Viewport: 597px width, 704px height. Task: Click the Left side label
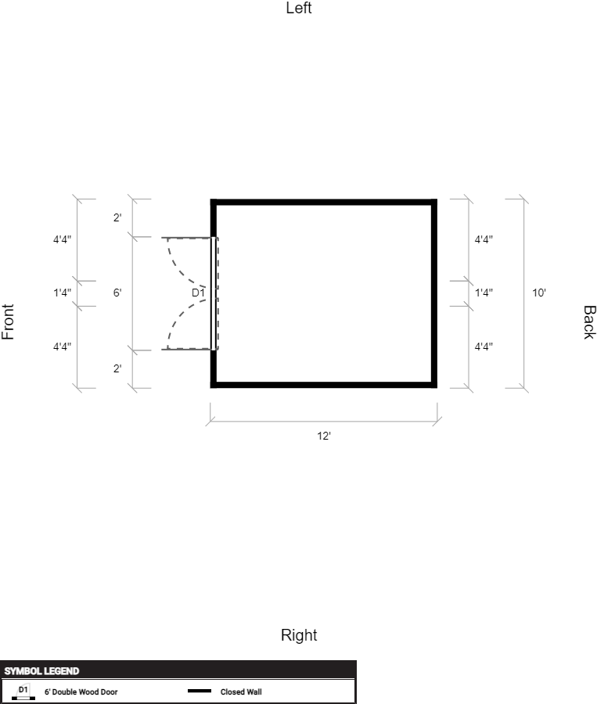pyautogui.click(x=299, y=8)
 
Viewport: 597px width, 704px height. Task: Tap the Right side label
pyautogui.click(x=299, y=635)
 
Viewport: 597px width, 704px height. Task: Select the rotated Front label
pyautogui.click(x=8, y=322)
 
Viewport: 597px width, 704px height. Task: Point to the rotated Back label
pyautogui.click(x=589, y=322)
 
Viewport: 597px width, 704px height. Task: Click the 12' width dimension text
pyautogui.click(x=324, y=436)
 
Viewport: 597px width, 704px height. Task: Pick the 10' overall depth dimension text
pyautogui.click(x=539, y=293)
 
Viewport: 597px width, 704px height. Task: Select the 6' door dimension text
pyautogui.click(x=117, y=293)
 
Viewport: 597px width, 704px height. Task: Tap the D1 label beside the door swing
pyautogui.click(x=198, y=293)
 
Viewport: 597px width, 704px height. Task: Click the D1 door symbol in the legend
pyautogui.click(x=23, y=692)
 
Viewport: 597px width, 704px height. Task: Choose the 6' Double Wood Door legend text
pyautogui.click(x=81, y=692)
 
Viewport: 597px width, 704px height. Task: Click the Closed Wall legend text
pyautogui.click(x=241, y=692)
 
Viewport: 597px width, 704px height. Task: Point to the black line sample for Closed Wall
pyautogui.click(x=200, y=691)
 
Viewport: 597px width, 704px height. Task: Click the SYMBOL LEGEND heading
pyautogui.click(x=41, y=671)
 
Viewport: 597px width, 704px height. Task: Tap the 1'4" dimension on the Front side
pyautogui.click(x=63, y=293)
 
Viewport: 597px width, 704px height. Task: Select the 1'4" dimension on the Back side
pyautogui.click(x=484, y=293)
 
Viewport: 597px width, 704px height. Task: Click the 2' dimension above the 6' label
pyautogui.click(x=117, y=217)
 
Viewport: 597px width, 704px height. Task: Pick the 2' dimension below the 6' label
pyautogui.click(x=117, y=368)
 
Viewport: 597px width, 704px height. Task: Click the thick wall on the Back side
pyautogui.click(x=434, y=293)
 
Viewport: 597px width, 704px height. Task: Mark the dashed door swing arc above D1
pyautogui.click(x=181, y=268)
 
